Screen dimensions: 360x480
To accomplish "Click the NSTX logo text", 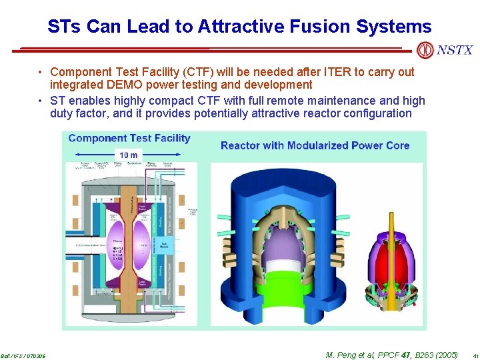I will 455,50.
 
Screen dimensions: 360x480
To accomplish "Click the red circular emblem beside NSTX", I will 424,50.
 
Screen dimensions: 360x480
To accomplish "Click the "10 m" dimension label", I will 129,155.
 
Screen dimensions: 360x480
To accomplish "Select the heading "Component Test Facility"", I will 129,139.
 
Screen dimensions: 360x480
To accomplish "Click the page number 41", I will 474,356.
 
